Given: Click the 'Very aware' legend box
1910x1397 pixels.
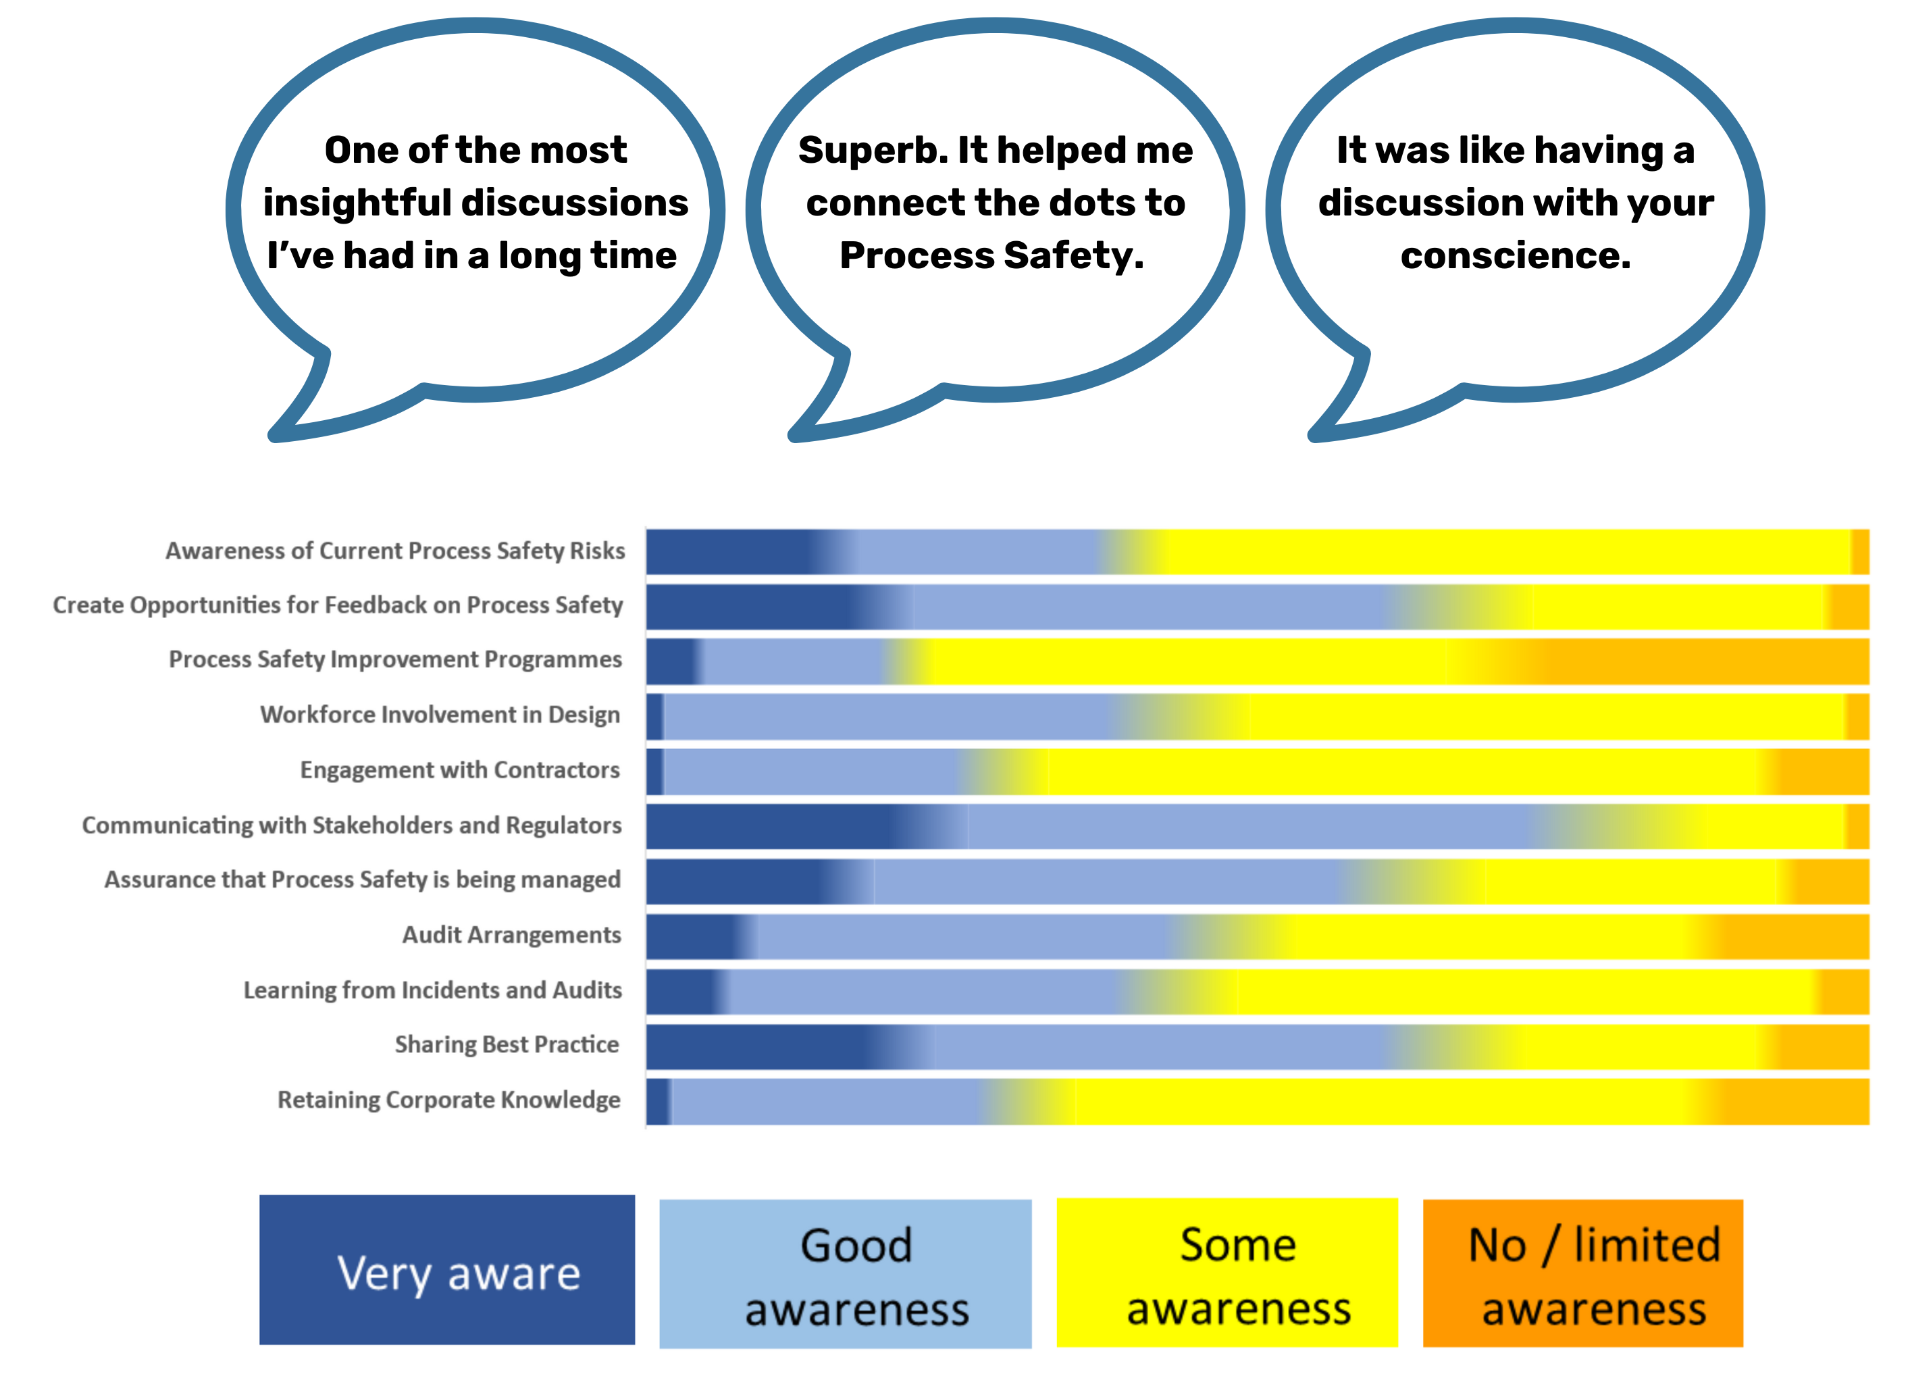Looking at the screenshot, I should pos(446,1269).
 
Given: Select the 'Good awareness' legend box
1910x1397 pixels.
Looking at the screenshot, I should pos(845,1273).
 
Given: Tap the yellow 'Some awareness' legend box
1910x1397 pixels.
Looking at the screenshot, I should pos(1226,1272).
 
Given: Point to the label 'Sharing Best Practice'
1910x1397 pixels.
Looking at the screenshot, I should pos(507,1044).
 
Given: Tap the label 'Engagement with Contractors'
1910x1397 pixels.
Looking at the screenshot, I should pos(459,769).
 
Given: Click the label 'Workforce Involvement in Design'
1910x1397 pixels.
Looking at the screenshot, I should pos(440,715).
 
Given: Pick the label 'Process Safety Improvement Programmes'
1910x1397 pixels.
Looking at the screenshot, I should pos(395,659).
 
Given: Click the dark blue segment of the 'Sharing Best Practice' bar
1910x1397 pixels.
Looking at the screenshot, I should pos(752,1047).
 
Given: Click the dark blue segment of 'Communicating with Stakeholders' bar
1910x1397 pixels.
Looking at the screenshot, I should pos(761,826).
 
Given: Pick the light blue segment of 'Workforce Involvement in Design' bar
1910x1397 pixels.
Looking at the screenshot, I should pos(887,716).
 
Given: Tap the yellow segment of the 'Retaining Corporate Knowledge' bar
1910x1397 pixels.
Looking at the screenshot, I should pos(1378,1101).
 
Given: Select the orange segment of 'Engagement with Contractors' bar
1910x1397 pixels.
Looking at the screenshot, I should pos(1822,771).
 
